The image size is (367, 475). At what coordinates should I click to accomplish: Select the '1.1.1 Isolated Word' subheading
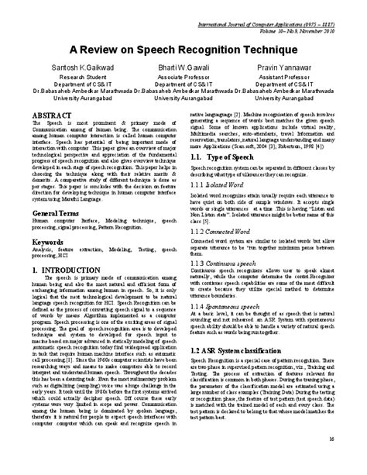tap(220, 186)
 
